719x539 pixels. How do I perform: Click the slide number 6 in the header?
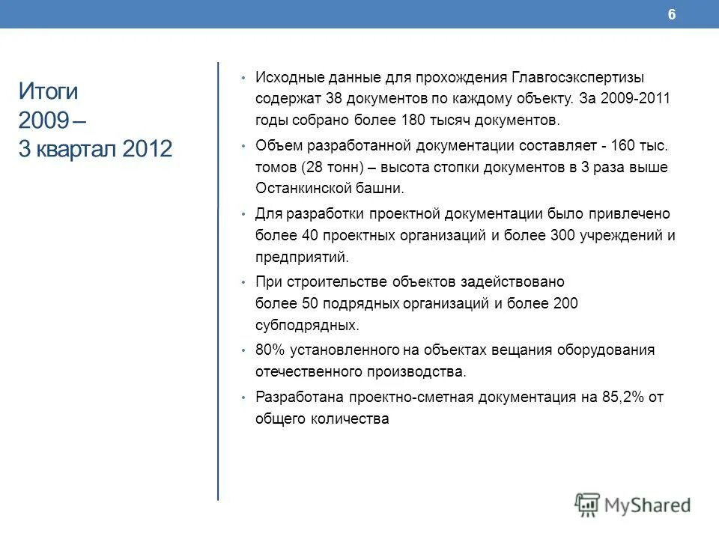tap(672, 15)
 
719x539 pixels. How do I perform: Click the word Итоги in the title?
tap(48, 91)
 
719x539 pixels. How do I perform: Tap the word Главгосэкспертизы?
tap(578, 77)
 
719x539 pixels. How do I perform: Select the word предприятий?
tap(302, 257)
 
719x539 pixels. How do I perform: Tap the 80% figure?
tap(270, 350)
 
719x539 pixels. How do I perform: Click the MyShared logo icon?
tap(588, 504)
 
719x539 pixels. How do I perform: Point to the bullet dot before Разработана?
tap(243, 398)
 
